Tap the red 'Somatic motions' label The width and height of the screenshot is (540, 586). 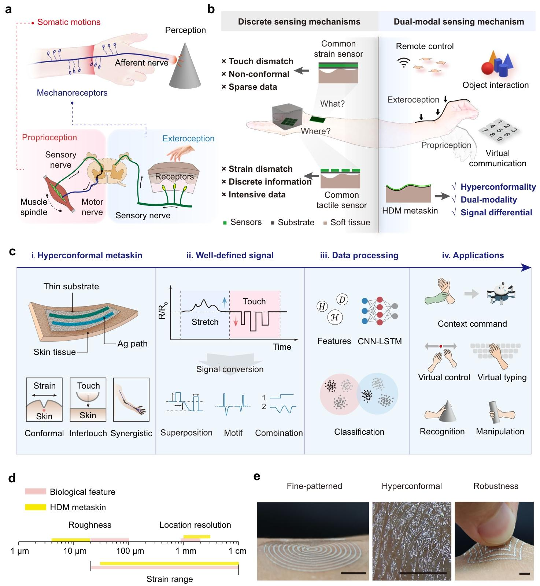(x=69, y=22)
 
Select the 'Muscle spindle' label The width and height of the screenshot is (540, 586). (x=34, y=207)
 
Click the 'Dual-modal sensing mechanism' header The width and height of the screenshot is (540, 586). (x=459, y=22)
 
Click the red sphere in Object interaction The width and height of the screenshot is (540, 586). (x=488, y=69)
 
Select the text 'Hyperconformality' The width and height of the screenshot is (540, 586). (x=498, y=187)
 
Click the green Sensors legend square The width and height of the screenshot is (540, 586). (x=225, y=222)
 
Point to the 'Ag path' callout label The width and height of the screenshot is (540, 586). (x=132, y=344)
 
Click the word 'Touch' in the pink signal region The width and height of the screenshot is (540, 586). (x=254, y=301)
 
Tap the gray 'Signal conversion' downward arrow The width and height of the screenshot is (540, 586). (x=230, y=358)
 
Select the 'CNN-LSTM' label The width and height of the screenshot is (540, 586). (x=380, y=341)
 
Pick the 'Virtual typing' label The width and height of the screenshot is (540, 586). (x=502, y=377)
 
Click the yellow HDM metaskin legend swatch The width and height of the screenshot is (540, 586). (x=36, y=507)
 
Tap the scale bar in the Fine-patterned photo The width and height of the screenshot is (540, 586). (x=353, y=573)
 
